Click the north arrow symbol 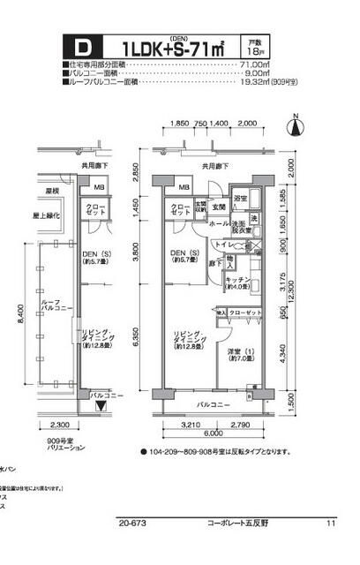tap(296, 126)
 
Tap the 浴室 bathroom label tap(240, 200)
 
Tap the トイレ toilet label tap(224, 244)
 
